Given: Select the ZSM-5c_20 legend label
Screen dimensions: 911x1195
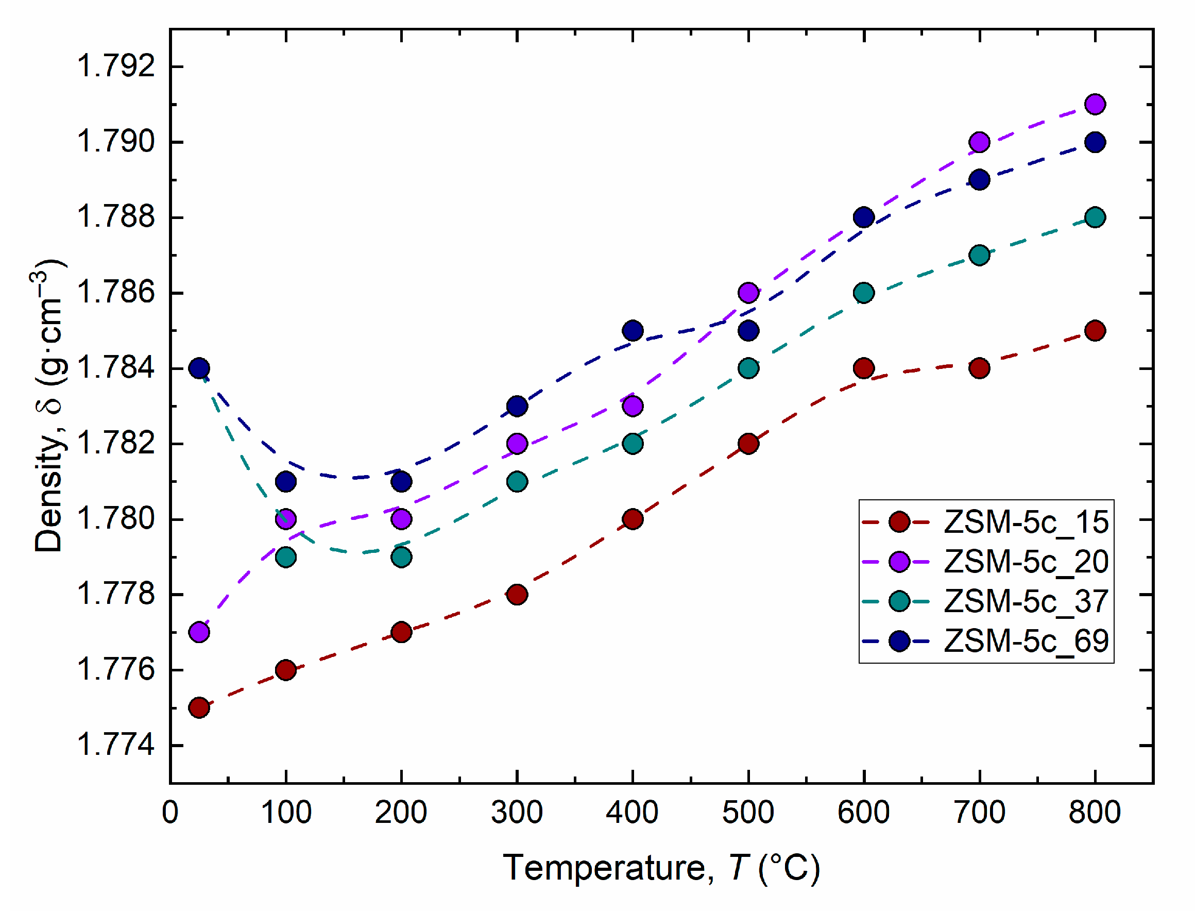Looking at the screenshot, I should (x=1026, y=562).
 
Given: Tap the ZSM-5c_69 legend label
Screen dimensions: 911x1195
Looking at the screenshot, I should (x=1026, y=641).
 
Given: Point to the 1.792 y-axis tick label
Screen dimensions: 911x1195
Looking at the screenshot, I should (x=116, y=66).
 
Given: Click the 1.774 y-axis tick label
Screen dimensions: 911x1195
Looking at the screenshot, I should (x=116, y=745).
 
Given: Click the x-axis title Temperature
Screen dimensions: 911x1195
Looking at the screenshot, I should (x=661, y=868).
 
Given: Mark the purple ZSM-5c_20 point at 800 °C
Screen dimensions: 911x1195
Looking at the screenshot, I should (x=1095, y=104).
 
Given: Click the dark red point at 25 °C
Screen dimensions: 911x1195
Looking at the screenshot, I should (x=199, y=707).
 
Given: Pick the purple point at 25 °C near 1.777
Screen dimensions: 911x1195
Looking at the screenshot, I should (x=199, y=632).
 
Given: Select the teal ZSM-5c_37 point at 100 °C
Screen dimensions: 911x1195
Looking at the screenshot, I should (x=285, y=557).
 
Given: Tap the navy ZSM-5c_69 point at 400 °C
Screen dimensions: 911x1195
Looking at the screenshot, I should (x=633, y=331).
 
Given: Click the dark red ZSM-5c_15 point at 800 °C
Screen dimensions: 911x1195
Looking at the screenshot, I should (x=1095, y=331).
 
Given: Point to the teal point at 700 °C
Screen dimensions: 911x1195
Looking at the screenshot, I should (x=979, y=255).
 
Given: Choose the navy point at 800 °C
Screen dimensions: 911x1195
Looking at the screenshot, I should (x=1095, y=143).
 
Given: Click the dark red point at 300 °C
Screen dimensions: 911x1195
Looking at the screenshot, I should (x=517, y=594).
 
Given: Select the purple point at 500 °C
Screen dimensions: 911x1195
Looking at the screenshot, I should (x=748, y=293).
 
